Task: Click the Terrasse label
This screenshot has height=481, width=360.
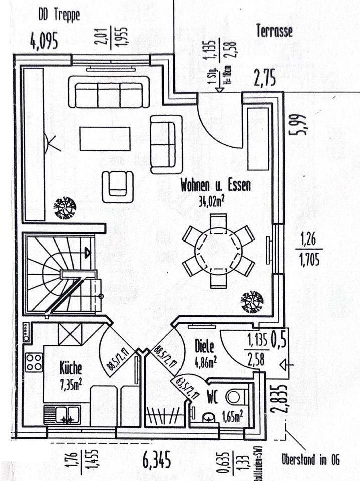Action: (274, 31)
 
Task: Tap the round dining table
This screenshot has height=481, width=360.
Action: (218, 248)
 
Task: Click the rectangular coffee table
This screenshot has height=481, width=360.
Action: (105, 139)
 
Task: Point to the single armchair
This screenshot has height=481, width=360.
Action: (118, 186)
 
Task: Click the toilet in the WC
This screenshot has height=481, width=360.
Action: (234, 395)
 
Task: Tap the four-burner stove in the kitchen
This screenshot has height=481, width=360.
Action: (34, 362)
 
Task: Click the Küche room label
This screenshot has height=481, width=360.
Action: (70, 369)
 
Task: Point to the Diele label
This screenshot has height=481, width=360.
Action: (205, 346)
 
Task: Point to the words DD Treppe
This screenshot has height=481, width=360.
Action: (59, 15)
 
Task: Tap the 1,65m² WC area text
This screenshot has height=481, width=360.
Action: (233, 414)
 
